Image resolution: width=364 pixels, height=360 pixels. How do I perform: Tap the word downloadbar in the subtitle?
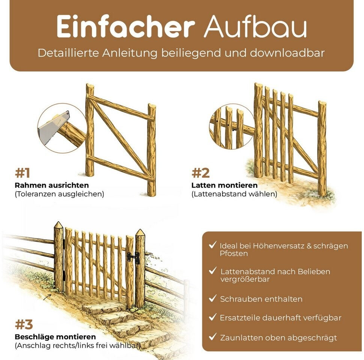[287, 53]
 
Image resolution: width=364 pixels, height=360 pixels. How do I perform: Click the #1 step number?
[23, 173]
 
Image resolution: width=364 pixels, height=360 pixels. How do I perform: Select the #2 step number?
[200, 173]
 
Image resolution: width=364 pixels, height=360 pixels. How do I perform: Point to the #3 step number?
[24, 324]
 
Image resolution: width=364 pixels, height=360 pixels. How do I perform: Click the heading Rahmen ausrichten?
[52, 185]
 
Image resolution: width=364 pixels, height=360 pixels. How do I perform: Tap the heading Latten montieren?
[224, 185]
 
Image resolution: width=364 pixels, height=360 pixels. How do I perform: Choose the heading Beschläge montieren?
[55, 337]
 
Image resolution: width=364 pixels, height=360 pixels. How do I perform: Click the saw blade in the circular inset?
[53, 128]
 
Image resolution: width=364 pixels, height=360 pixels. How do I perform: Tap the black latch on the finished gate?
[134, 258]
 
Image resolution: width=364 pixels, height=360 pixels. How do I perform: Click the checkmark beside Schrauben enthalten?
[212, 298]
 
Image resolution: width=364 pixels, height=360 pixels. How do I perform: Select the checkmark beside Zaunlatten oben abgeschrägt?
[212, 337]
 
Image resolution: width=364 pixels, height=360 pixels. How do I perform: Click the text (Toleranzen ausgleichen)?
[59, 194]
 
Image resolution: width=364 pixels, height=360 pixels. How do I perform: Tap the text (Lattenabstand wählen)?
[235, 194]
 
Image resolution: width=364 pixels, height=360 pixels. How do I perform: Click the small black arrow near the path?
[47, 297]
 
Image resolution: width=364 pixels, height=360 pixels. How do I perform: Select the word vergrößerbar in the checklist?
[245, 279]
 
